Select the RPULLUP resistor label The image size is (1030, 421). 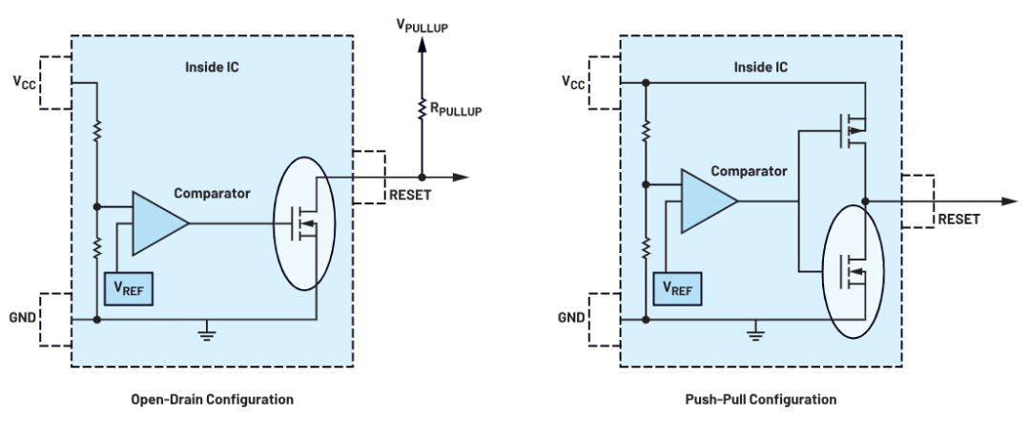click(x=455, y=110)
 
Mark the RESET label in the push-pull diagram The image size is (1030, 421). click(x=958, y=219)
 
